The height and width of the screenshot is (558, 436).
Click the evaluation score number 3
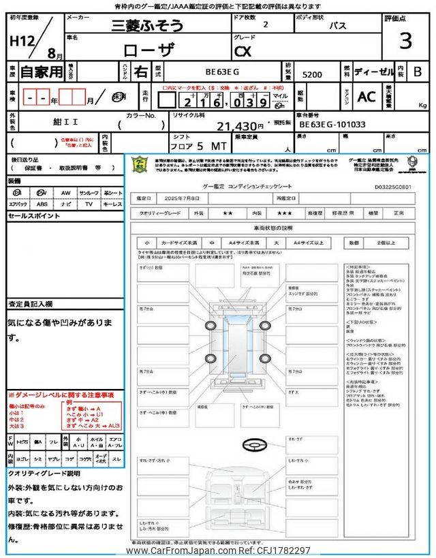[405, 42]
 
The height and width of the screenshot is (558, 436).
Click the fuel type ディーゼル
[373, 72]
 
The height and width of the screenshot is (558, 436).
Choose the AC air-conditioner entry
[367, 97]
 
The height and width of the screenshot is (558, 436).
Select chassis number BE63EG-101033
[332, 125]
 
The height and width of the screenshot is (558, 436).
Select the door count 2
[265, 25]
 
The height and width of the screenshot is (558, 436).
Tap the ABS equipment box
[42, 204]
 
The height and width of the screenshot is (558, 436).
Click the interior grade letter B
[418, 71]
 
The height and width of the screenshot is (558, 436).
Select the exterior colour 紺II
[52, 125]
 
